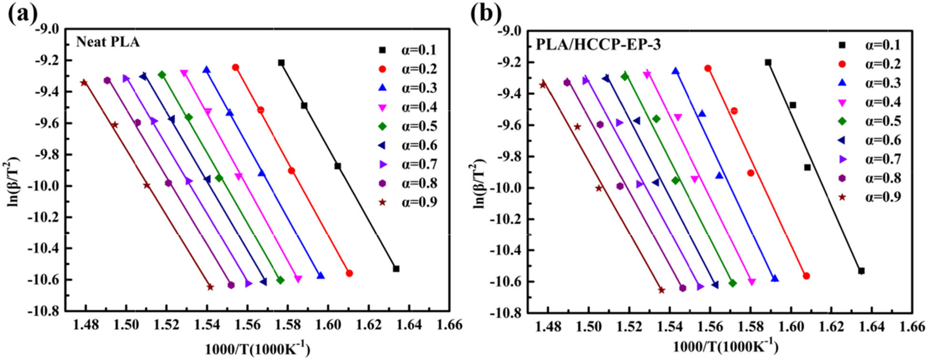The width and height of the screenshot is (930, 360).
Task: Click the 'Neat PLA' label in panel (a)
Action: (108, 42)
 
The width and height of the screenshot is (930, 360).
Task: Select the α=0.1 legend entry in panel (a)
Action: (408, 50)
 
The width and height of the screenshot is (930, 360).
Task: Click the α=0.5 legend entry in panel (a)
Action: (408, 126)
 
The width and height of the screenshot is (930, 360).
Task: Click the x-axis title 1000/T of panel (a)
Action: (257, 350)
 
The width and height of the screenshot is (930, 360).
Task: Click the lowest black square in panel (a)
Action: (396, 269)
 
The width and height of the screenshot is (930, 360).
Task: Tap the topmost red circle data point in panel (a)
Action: (235, 68)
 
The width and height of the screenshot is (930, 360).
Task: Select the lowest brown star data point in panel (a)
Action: (210, 287)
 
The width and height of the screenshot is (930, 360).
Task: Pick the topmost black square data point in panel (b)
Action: (768, 62)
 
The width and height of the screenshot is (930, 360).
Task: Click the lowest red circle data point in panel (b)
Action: (807, 276)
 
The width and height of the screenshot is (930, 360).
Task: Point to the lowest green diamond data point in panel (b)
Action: (733, 283)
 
